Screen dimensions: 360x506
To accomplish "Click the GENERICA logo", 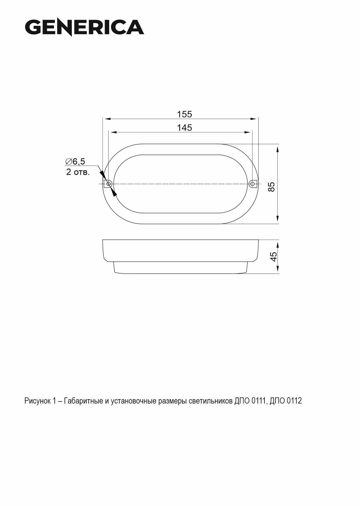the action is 84,27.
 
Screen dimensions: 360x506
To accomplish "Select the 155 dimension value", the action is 184,114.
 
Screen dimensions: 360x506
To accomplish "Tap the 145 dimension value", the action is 184,128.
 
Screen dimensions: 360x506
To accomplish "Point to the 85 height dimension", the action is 271,187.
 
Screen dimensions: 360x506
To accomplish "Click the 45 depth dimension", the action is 273,257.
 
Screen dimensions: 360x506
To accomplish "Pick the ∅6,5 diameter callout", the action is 75,161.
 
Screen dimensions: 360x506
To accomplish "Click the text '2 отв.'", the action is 78,172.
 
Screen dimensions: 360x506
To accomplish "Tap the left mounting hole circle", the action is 109,184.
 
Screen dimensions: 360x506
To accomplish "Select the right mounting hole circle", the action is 252,184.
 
